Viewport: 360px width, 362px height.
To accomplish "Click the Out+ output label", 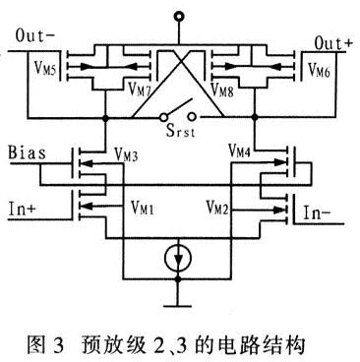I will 332,41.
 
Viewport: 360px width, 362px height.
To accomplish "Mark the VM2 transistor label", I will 220,209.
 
